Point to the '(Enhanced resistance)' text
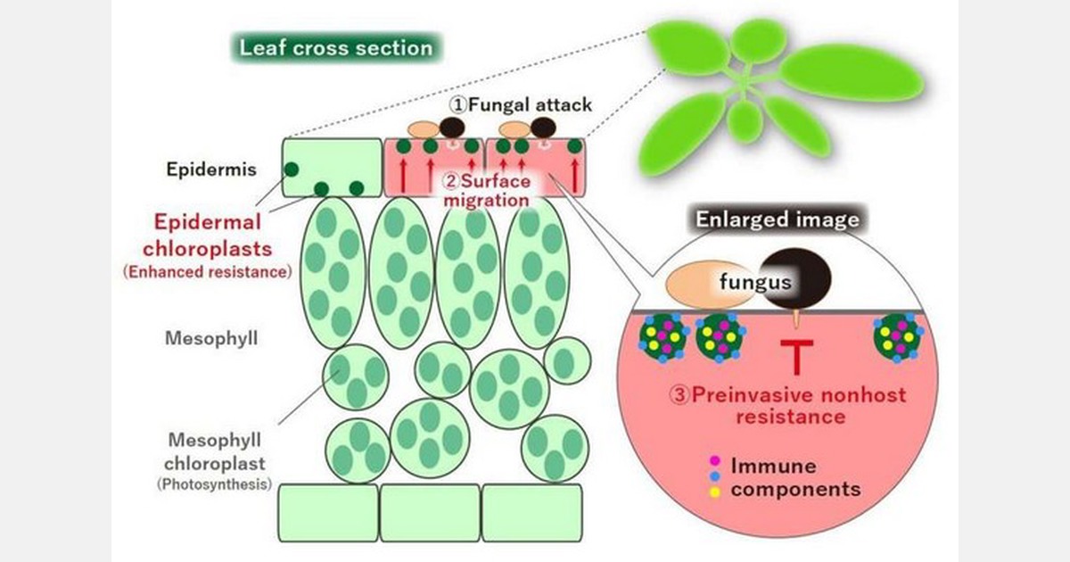208,271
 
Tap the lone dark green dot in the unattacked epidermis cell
291,169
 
